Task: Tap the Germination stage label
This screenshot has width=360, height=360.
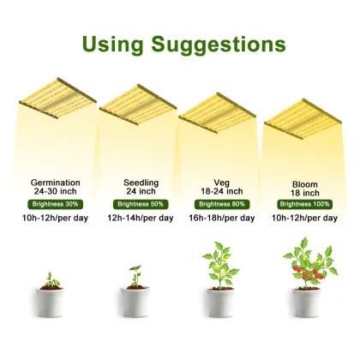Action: tap(56, 183)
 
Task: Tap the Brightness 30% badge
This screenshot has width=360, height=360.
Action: tap(56, 203)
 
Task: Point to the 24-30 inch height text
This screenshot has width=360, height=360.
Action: tap(56, 192)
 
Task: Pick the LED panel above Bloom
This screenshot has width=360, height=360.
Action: tap(303, 121)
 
